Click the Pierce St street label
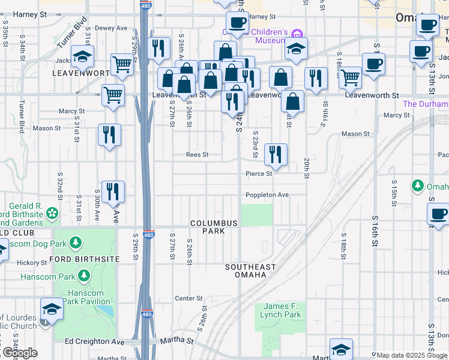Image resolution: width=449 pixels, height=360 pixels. [259, 174]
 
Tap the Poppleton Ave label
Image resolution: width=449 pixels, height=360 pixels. [267, 195]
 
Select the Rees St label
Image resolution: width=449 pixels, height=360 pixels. [197, 154]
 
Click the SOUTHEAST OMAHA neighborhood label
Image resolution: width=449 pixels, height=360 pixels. [250, 271]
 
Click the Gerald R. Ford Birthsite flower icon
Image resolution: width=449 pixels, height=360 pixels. [53, 213]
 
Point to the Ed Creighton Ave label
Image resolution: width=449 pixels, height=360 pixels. [94, 341]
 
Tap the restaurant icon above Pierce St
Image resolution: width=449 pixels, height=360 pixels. [276, 154]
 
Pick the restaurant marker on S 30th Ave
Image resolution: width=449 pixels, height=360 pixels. [112, 191]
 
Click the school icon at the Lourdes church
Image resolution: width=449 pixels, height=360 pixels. [52, 308]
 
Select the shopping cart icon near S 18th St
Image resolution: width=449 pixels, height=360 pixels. [350, 76]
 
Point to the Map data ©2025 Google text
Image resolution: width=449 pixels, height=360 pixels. [411, 355]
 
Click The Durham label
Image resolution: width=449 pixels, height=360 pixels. [425, 104]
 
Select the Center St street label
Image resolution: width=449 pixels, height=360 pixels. [188, 298]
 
